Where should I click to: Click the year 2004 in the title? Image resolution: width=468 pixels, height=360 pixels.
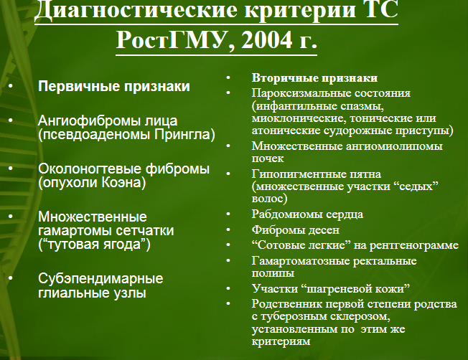pos(266,39)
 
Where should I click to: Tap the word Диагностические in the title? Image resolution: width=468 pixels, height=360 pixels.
pos(136,11)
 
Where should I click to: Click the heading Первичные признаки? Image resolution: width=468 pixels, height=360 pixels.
pos(114,86)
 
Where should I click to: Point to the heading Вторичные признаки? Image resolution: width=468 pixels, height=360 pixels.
pos(314,78)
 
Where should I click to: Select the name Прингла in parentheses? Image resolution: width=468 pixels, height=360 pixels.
pos(182,135)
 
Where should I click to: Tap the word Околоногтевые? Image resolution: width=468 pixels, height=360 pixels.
pos(90,169)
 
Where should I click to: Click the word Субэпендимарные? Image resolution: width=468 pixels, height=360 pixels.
pos(100,279)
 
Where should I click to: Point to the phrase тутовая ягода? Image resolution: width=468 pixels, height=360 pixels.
pos(94,245)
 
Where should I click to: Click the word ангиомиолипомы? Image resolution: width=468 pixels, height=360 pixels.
pos(394,146)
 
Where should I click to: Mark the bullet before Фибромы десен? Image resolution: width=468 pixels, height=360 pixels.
pos(228,229)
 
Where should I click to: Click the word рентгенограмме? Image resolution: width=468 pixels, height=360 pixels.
pos(414,245)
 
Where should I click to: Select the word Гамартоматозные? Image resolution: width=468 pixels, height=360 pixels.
pos(301,261)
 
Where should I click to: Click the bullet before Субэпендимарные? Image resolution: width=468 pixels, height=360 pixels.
pos(11,278)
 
